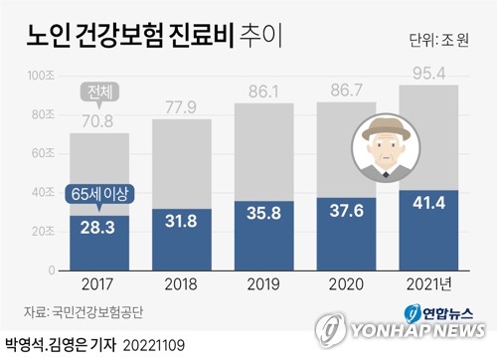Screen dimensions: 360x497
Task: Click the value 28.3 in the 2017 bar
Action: [98, 229]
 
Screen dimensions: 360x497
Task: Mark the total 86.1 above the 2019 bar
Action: [265, 90]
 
